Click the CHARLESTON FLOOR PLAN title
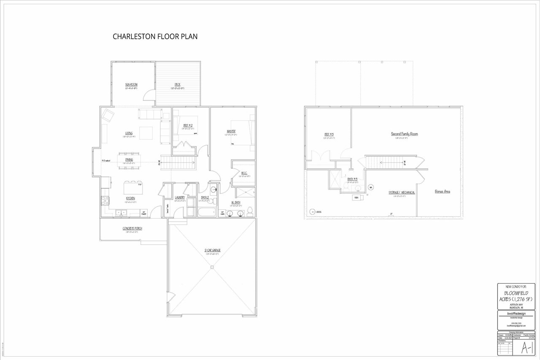[155, 37]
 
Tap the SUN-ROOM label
[131, 85]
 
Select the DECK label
[178, 84]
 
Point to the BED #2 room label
[188, 125]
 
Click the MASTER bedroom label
[231, 132]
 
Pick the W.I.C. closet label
[244, 173]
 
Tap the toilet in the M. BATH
[250, 211]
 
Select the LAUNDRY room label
[180, 198]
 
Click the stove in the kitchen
[105, 200]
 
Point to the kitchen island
[133, 187]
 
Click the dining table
[129, 161]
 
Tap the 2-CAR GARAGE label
[213, 250]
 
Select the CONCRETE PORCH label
[132, 229]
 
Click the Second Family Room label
[404, 134]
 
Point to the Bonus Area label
[442, 192]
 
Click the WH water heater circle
[371, 187]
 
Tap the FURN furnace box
[356, 197]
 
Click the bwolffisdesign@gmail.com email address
[516, 326]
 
